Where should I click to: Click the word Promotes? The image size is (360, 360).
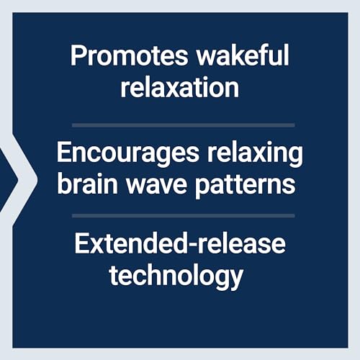pyautogui.click(x=129, y=55)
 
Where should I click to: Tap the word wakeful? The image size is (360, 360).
pyautogui.click(x=243, y=55)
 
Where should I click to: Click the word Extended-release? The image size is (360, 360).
pyautogui.click(x=180, y=243)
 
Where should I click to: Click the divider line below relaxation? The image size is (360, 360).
pyautogui.click(x=184, y=125)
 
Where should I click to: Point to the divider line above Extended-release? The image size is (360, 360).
pyautogui.click(x=184, y=216)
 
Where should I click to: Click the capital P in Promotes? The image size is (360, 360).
pyautogui.click(x=77, y=55)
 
